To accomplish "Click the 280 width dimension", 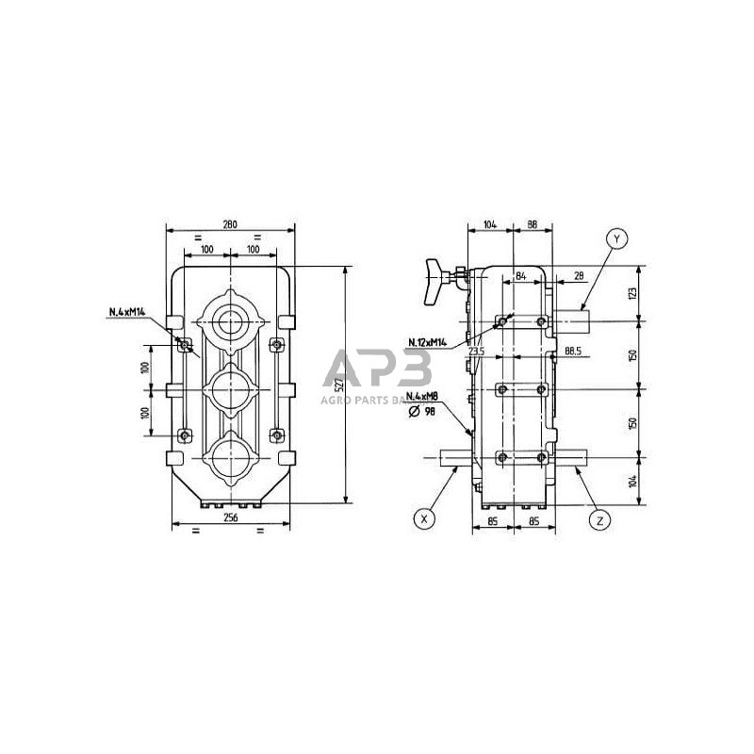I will click(229, 223).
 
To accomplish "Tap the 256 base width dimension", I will click(230, 518).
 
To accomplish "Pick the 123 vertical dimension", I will click(632, 293).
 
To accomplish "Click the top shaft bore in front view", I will click(230, 323).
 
